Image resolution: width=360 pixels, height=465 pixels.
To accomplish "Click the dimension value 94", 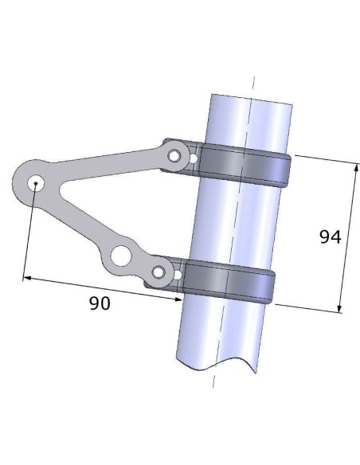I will [x=329, y=237].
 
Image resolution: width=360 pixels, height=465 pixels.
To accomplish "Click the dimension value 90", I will [x=99, y=303].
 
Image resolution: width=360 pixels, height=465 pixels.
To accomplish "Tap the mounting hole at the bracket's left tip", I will [x=35, y=183].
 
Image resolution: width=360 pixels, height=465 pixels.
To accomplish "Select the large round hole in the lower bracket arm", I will [x=120, y=256].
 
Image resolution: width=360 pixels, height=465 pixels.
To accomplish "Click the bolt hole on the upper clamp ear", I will [x=173, y=157].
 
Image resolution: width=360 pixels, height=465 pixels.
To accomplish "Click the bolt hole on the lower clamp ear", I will [x=158, y=273].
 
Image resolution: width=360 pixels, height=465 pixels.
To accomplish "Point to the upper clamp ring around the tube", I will [x=243, y=162].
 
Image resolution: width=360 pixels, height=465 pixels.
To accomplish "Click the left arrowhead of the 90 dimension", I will [x=25, y=279].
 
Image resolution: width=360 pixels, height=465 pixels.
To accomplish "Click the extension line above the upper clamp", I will [x=323, y=158].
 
